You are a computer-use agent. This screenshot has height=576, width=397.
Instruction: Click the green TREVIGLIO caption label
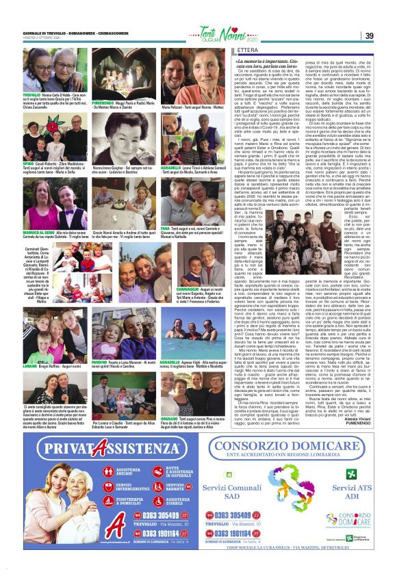[31, 94]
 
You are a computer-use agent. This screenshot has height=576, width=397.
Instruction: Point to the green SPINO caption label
[30, 146]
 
